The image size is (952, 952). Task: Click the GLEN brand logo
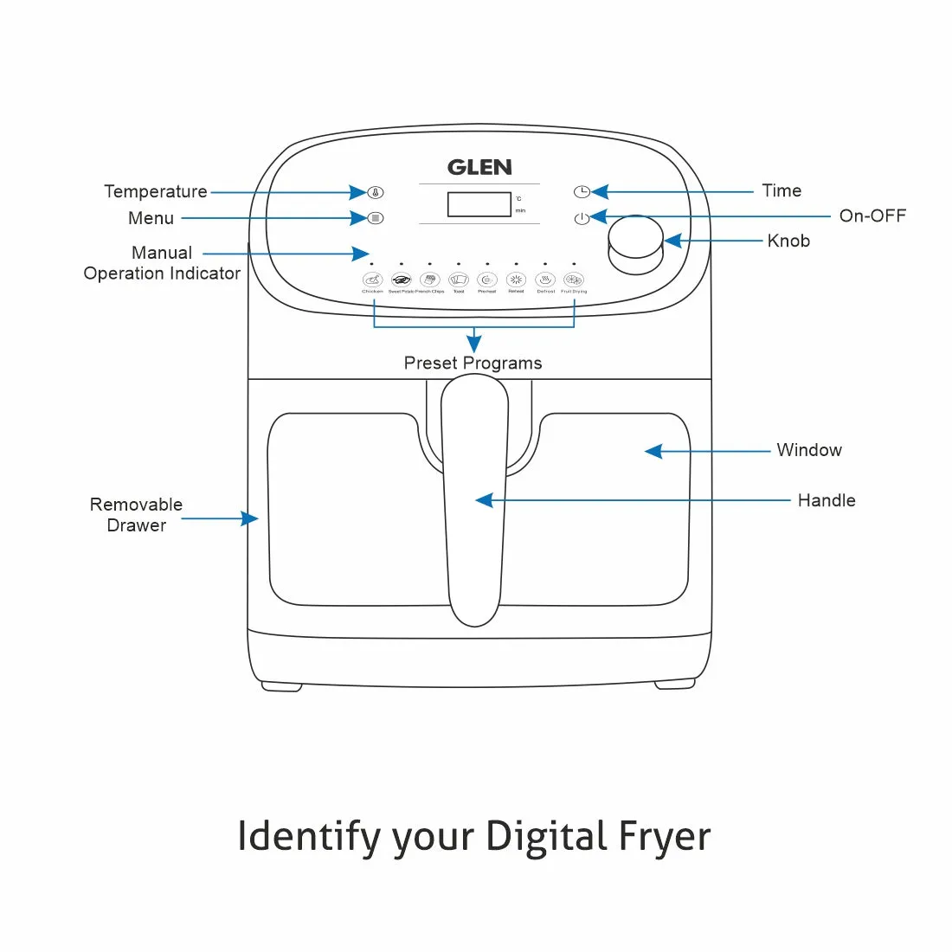tap(479, 167)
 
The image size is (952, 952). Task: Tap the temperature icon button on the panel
tap(376, 192)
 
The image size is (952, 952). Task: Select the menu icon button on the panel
tap(375, 218)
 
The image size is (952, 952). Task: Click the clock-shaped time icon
tap(582, 191)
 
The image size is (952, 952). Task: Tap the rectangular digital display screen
tap(479, 204)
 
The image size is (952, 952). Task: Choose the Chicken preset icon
tap(372, 280)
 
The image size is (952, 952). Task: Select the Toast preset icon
tap(459, 280)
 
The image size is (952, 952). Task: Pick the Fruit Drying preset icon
tap(574, 280)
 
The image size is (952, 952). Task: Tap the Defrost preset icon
tap(545, 280)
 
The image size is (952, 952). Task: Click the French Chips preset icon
tap(430, 280)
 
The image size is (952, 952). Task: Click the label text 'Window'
tap(808, 450)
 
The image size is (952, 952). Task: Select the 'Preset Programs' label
tap(473, 363)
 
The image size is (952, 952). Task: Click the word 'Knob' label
tap(788, 241)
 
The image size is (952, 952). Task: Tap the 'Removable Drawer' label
tap(136, 515)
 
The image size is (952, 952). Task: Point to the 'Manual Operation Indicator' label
tap(162, 263)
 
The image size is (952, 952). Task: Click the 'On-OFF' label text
tap(872, 215)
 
